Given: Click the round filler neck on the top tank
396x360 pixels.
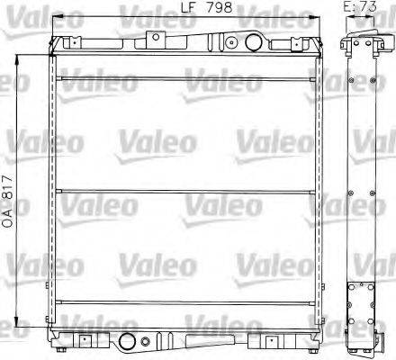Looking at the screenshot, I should (x=232, y=42).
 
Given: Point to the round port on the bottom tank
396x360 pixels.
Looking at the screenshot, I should (x=127, y=340).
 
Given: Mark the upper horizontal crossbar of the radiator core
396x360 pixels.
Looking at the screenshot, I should (x=186, y=78).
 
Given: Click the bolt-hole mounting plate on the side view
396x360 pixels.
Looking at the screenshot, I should (x=364, y=298).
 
